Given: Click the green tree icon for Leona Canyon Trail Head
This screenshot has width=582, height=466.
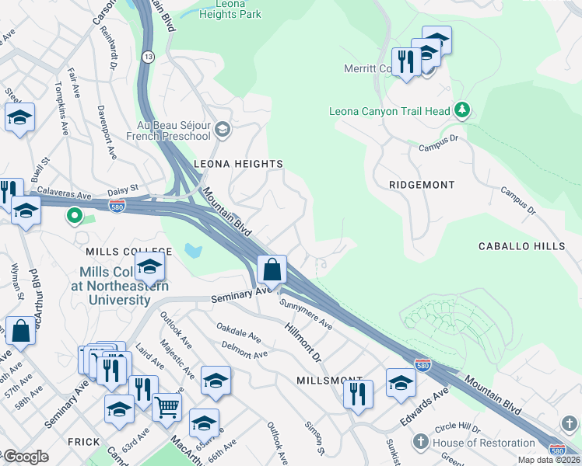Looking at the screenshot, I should tap(462, 111).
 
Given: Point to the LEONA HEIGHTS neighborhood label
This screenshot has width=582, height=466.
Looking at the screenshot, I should tap(237, 164).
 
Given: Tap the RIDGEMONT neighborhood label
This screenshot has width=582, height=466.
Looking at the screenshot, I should tap(421, 185).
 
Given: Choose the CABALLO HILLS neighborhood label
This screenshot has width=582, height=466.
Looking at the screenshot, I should tap(521, 246).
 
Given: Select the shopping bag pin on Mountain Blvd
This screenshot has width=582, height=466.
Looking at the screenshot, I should tap(272, 270).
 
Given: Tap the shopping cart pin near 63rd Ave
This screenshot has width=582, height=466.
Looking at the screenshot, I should tap(167, 406).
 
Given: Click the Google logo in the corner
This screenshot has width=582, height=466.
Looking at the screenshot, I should tap(26, 457).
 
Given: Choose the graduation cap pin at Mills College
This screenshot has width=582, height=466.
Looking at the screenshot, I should tap(149, 269).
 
